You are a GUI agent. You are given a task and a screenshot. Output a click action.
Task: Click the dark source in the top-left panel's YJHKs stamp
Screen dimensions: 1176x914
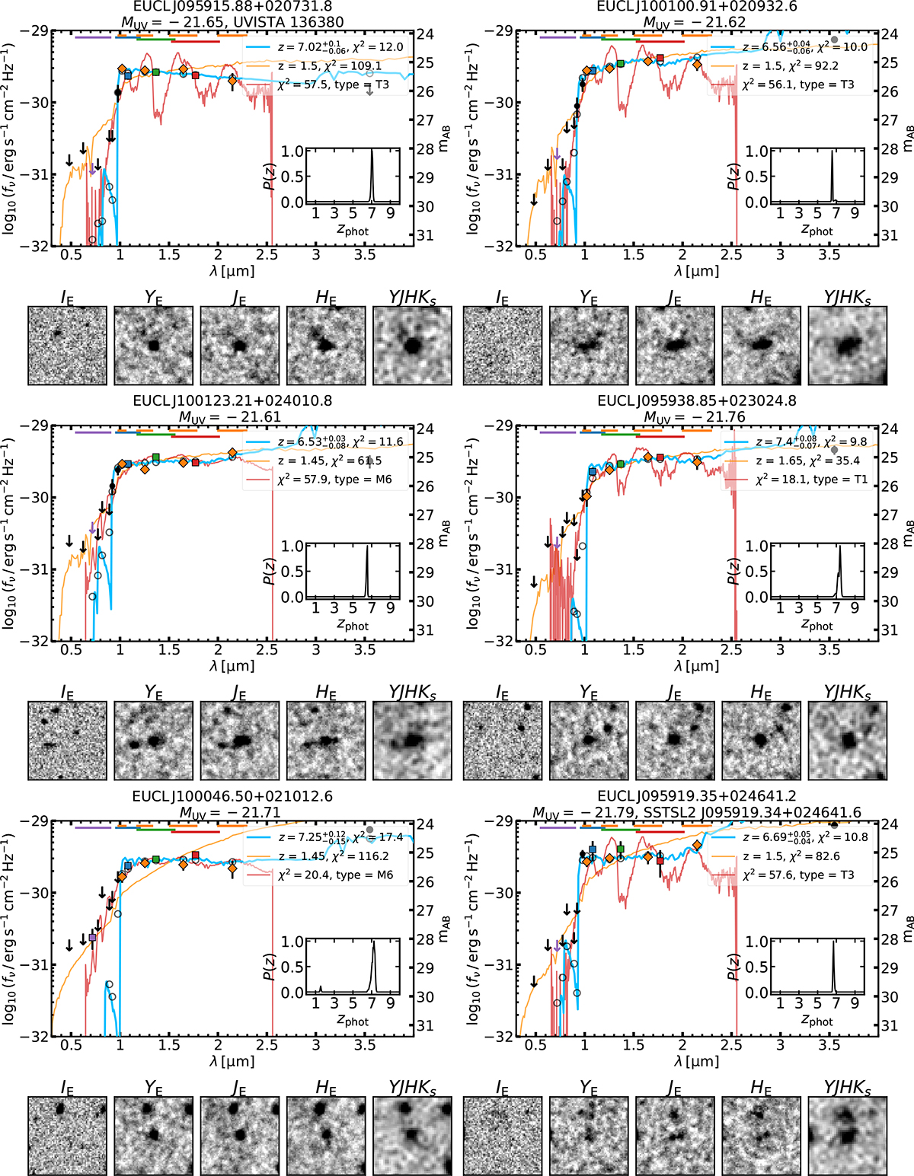(413, 346)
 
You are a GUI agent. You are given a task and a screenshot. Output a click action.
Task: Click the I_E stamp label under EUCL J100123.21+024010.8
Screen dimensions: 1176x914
(68, 693)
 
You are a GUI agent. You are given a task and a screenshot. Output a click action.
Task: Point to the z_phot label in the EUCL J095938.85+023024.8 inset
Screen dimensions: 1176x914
(817, 626)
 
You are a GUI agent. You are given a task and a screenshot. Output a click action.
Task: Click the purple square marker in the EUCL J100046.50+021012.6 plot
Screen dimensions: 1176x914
(92, 938)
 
